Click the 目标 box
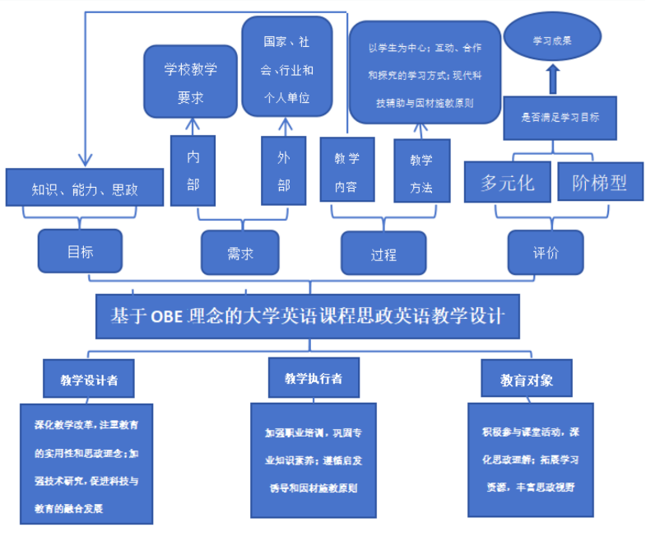[x=80, y=250]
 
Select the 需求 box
[x=239, y=252]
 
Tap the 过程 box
[x=383, y=253]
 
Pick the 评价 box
[x=546, y=251]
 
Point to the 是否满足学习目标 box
[x=560, y=117]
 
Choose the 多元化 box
[x=507, y=182]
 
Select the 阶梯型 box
[x=599, y=182]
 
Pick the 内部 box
[x=193, y=170]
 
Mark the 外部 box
[x=284, y=170]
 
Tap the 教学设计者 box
[x=89, y=380]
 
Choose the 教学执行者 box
[x=313, y=378]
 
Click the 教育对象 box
[x=527, y=380]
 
